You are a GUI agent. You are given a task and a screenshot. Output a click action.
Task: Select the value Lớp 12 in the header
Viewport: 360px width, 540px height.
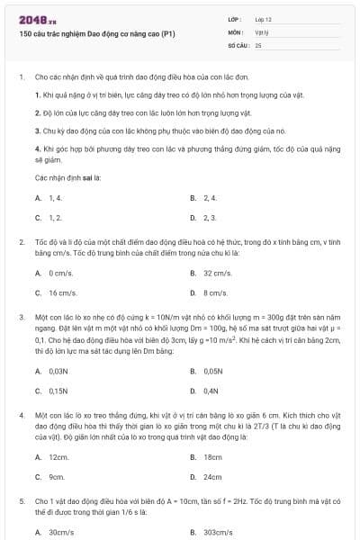tap(263, 19)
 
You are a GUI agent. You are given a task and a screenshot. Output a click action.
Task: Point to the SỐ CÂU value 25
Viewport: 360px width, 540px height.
tap(258, 44)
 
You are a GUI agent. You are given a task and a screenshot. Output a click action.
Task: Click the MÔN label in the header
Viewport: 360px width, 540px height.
tap(235, 31)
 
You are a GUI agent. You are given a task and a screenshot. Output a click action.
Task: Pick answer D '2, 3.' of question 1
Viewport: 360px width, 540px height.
tap(210, 218)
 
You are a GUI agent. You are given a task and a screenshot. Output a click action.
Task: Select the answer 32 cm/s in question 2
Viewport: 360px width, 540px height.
tap(217, 272)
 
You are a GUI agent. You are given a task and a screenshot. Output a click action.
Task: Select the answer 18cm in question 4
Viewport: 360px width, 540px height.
tap(212, 456)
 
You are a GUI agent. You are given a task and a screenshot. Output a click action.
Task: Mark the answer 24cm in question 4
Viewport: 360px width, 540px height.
tap(212, 477)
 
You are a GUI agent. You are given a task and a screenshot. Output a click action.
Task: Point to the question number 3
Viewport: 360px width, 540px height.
tap(21, 316)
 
